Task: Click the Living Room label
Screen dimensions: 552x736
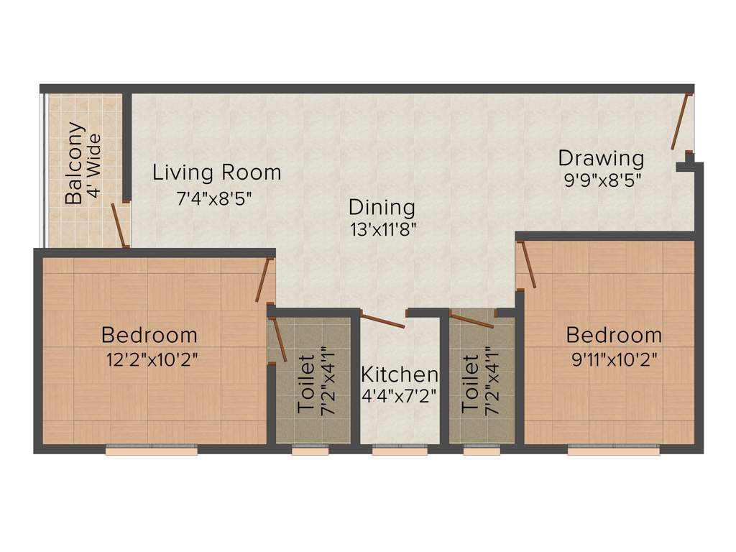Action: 216,172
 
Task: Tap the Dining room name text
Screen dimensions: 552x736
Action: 382,208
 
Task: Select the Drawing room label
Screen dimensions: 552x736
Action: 601,157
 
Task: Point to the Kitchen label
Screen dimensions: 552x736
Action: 400,374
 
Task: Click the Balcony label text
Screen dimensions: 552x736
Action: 74,164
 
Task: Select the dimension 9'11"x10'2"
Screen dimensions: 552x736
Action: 614,359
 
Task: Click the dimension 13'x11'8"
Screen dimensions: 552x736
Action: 382,230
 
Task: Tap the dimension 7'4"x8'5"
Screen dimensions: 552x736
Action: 216,198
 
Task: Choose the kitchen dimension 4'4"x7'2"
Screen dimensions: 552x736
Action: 400,396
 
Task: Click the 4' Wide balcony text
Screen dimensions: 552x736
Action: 93,167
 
